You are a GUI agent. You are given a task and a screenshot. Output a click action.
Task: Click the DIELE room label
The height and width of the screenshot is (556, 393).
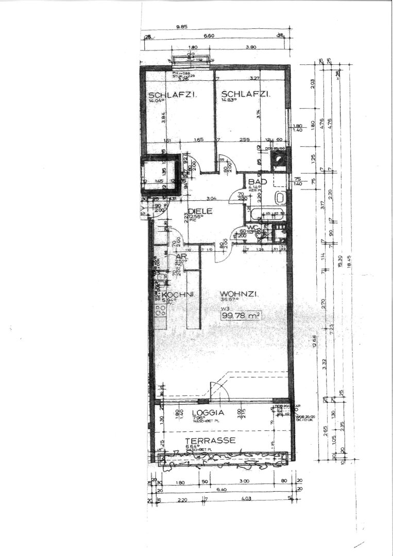[198, 211]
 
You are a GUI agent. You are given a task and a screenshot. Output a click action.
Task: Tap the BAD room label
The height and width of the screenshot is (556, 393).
[257, 182]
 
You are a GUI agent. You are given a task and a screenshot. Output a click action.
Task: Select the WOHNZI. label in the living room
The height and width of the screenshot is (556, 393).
[238, 293]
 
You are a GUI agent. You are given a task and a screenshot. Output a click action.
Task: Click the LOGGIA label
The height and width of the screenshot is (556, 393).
[208, 413]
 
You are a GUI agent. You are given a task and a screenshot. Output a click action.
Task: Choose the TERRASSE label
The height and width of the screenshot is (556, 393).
[211, 440]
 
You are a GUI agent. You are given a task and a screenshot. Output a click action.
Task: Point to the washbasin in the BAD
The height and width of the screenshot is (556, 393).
[281, 197]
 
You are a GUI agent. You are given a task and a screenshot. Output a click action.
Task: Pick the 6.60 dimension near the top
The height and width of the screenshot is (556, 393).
[209, 37]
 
